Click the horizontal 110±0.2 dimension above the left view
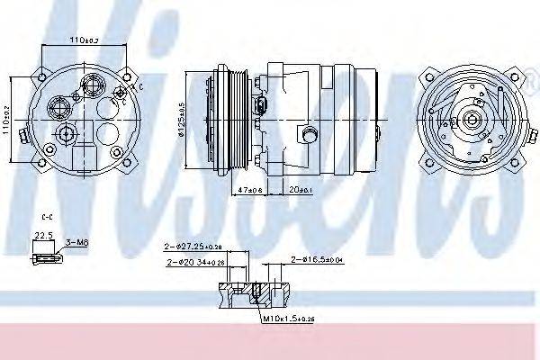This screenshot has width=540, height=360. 84,40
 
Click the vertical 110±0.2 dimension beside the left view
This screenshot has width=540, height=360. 8,117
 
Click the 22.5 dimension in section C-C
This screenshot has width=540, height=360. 42,238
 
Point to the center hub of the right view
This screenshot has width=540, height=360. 471,121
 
